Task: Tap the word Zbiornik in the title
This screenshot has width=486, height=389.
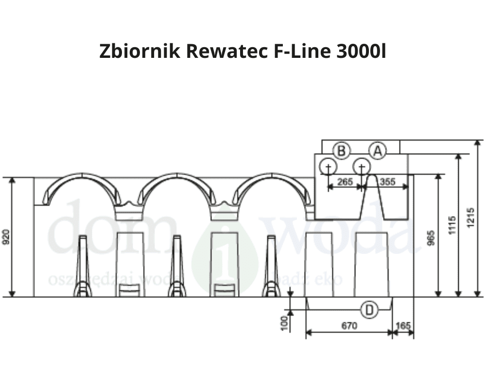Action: pos(139,52)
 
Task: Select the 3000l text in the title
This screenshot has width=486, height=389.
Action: pos(361,52)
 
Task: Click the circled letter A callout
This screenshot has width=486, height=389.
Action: pos(377,151)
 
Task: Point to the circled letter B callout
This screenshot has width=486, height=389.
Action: pos(342,151)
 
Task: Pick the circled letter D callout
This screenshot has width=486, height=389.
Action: pos(370,309)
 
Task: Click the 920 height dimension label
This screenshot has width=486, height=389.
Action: pos(6,237)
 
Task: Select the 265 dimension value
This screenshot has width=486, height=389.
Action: pos(345,182)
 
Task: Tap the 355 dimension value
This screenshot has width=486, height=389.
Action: pos(387,182)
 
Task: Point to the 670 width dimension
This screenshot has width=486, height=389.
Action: pos(349,325)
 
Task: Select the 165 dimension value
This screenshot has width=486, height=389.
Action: pos(403,325)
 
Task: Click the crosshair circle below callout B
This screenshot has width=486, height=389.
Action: pos(328,167)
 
